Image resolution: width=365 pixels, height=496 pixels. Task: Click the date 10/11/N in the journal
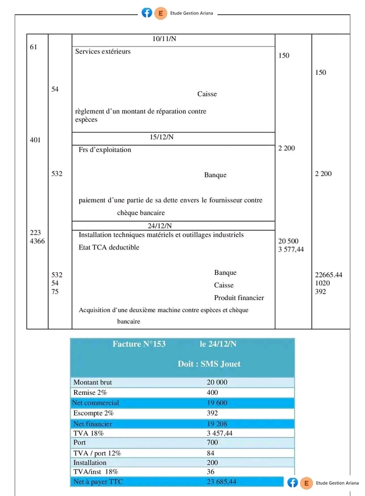click(x=164, y=39)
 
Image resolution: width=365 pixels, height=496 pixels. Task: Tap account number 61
click(x=34, y=47)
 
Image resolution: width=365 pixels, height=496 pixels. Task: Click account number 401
click(x=35, y=140)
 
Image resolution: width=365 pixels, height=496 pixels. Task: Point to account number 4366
click(x=37, y=241)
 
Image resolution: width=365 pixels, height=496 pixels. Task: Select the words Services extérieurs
click(x=103, y=52)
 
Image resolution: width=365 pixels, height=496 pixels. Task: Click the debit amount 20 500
click(x=288, y=241)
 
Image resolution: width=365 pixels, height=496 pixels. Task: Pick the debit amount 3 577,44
click(x=291, y=250)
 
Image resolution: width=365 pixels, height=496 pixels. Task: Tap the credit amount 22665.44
click(x=328, y=275)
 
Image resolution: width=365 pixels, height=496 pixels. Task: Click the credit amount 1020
click(x=322, y=283)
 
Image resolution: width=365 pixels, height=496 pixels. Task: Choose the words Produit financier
click(x=239, y=298)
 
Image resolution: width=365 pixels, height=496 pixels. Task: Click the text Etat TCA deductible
click(x=109, y=247)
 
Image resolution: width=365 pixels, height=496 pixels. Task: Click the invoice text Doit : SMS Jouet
click(x=209, y=364)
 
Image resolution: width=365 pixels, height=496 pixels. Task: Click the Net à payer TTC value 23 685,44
click(x=222, y=481)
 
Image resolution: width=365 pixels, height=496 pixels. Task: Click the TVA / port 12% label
click(x=97, y=453)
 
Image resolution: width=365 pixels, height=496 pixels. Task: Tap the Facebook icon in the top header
click(x=147, y=13)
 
